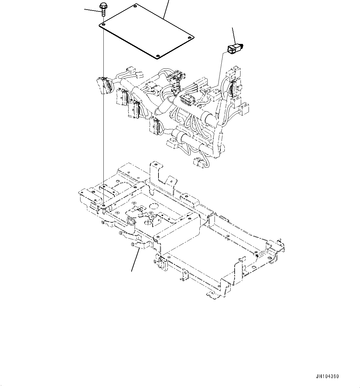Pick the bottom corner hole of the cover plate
158,56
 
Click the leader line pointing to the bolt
92,11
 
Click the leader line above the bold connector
234,35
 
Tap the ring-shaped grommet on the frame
131,221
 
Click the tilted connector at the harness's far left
103,86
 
